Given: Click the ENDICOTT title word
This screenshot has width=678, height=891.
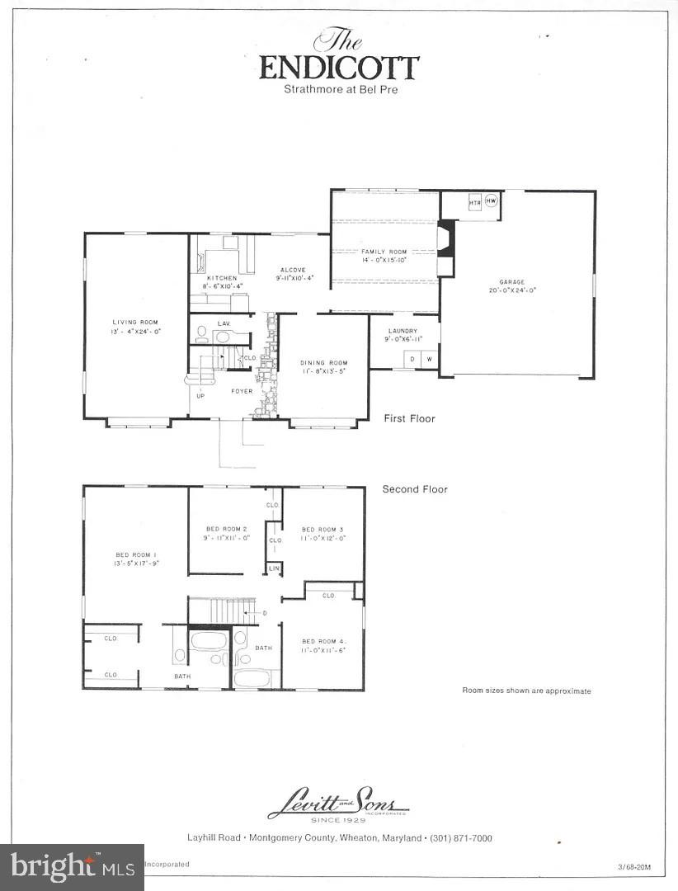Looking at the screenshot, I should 339,68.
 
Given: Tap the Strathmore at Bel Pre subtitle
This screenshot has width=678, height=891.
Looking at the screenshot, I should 339,89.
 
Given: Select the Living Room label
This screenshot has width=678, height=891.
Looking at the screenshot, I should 135,322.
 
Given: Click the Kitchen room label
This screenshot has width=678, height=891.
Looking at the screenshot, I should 221,278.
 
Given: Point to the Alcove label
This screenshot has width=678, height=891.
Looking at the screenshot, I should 292,270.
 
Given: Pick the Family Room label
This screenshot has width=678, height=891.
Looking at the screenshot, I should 384,251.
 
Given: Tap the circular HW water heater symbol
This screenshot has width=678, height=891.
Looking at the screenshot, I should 492,201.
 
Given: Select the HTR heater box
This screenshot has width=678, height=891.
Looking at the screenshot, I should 475,202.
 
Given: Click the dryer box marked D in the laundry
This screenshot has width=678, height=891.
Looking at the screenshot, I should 412,359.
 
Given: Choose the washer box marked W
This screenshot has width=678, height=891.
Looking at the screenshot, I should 429,359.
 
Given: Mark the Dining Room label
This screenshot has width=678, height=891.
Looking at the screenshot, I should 323,362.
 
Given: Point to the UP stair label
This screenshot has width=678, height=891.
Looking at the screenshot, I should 200,396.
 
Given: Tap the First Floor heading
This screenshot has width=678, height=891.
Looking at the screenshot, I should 409,419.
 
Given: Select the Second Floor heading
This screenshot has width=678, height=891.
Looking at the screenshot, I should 415,489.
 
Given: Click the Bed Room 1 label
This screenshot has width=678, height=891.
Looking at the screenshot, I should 135,555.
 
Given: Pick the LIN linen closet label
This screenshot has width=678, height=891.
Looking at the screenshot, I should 272,569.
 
